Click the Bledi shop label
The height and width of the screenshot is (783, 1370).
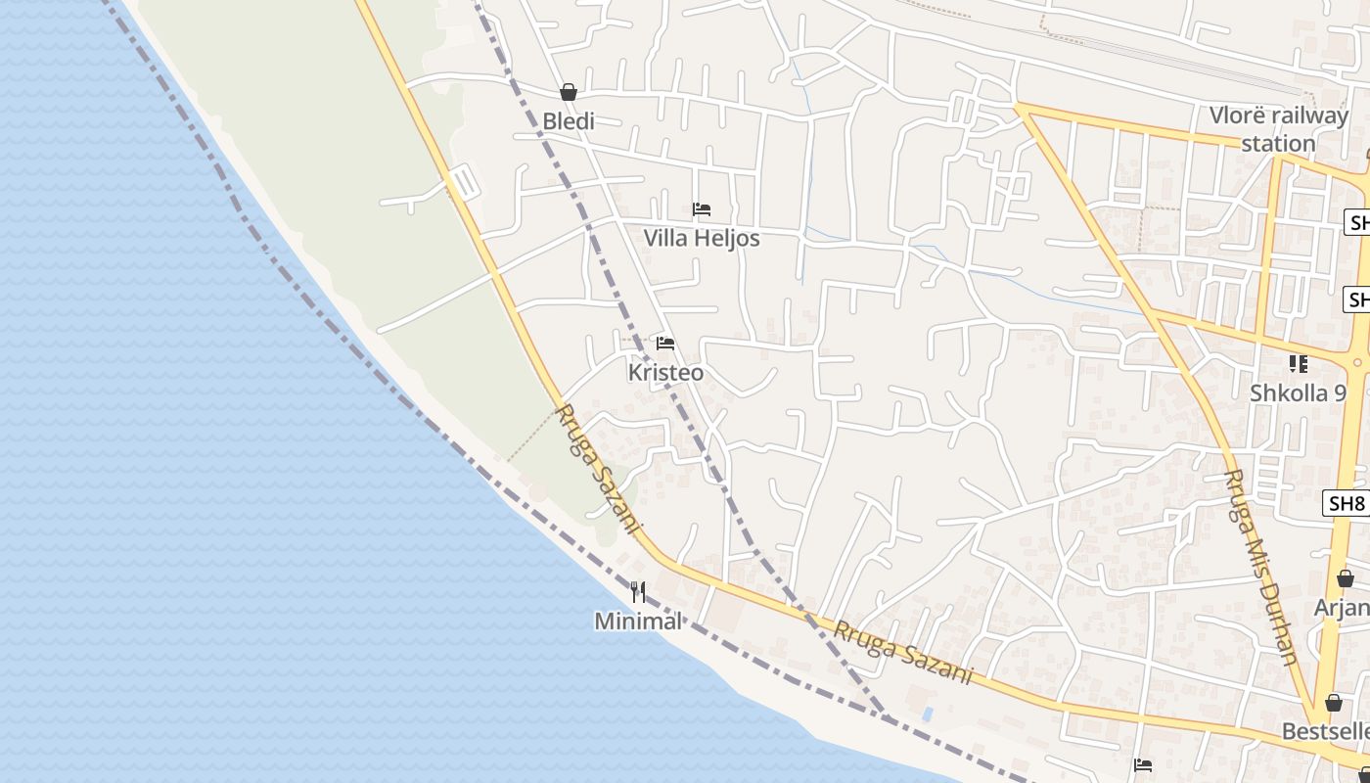click(569, 121)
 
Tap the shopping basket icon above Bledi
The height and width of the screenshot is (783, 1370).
click(569, 92)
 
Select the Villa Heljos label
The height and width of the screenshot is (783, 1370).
click(701, 238)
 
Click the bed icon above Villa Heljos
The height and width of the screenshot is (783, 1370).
click(701, 209)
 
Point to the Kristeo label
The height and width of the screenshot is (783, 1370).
click(665, 373)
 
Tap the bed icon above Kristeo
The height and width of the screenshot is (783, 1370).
click(665, 344)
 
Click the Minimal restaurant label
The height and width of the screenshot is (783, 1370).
click(638, 621)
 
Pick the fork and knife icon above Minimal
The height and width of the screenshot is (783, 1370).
click(638, 591)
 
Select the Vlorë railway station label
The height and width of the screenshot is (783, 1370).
click(1278, 129)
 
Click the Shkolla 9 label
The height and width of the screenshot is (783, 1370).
click(1298, 393)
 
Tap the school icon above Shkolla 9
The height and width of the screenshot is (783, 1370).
click(1298, 364)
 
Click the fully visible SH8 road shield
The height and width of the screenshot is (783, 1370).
click(1347, 504)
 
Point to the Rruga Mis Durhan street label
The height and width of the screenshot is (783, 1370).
click(1261, 567)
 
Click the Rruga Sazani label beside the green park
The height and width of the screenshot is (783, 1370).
click(597, 470)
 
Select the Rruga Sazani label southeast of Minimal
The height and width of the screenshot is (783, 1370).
click(902, 652)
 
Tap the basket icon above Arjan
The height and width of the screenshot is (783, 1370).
click(1346, 578)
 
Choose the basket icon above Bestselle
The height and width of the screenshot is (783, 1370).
click(1333, 703)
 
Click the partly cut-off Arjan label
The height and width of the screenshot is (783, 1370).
click(1342, 608)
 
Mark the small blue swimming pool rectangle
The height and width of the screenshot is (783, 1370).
click(927, 714)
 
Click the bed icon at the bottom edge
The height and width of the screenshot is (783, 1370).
click(1142, 765)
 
